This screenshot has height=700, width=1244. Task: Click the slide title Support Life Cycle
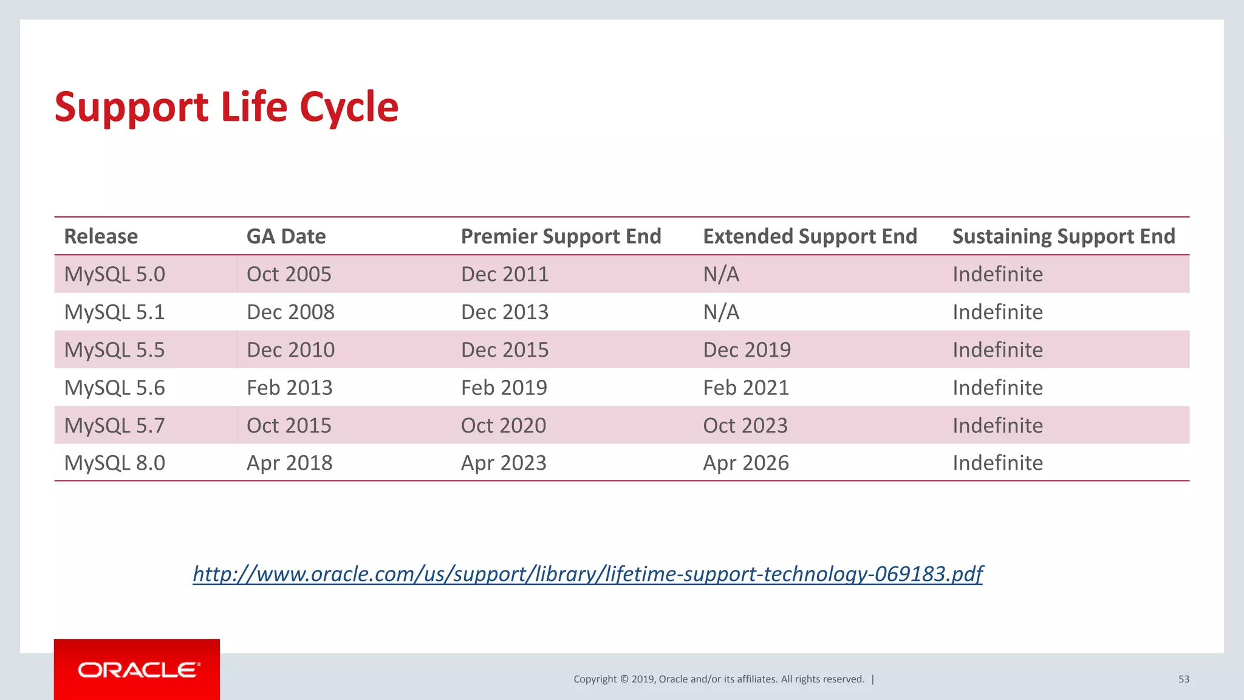(x=226, y=108)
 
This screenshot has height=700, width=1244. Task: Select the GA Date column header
(x=285, y=236)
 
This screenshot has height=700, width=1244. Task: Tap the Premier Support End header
(x=561, y=236)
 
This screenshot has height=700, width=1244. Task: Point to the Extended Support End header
(x=810, y=236)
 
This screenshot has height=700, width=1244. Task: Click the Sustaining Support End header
(x=1064, y=236)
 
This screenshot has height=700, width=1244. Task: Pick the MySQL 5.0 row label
(x=114, y=274)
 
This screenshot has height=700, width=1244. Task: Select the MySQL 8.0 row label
(x=114, y=463)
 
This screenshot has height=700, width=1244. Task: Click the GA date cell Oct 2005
(x=289, y=274)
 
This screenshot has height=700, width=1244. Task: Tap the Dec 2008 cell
(x=290, y=312)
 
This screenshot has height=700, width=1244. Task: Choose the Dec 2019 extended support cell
(x=747, y=350)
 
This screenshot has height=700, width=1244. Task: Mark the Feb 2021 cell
(x=745, y=388)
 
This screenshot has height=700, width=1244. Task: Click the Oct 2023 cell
(x=745, y=425)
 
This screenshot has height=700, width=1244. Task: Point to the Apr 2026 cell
(x=745, y=463)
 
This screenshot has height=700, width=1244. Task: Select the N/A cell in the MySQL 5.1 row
(x=721, y=312)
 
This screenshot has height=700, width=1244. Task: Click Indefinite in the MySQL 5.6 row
(x=997, y=388)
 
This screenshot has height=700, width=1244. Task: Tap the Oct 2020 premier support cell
(x=503, y=425)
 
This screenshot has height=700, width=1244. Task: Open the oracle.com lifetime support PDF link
(x=587, y=574)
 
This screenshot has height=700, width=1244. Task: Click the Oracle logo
(x=138, y=670)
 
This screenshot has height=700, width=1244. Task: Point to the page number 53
(x=1183, y=679)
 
